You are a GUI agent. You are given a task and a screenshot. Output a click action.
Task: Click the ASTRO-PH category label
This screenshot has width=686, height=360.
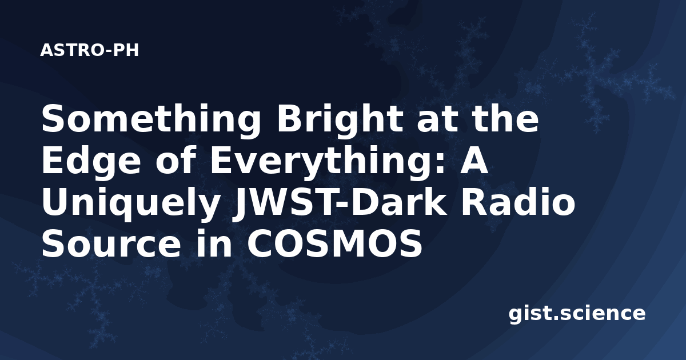coord(89,50)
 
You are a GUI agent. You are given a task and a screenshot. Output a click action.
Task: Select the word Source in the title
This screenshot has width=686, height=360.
coord(111,243)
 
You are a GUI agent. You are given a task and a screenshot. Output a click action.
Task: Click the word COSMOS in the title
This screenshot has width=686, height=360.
coord(335,243)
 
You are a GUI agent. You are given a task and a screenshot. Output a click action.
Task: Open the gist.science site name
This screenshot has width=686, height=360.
coord(577,314)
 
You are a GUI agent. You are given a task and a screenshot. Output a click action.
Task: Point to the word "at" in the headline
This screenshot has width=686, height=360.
coord(435,121)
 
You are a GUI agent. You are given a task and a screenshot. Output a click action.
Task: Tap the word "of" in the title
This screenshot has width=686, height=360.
coord(176,161)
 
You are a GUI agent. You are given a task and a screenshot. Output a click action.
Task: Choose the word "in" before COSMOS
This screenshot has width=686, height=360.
coord(214,243)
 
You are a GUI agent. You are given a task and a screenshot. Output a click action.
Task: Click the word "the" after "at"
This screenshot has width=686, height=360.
coord(503,118)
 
